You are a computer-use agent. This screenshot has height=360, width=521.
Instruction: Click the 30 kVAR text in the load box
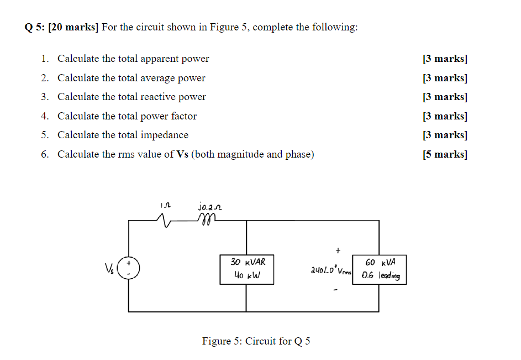tap(247, 262)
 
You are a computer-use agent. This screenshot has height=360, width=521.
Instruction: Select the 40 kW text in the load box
tap(246, 274)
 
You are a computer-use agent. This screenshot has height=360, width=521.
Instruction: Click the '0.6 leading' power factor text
tap(381, 275)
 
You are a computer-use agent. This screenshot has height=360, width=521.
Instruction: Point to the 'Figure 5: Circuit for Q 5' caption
tap(256, 341)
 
